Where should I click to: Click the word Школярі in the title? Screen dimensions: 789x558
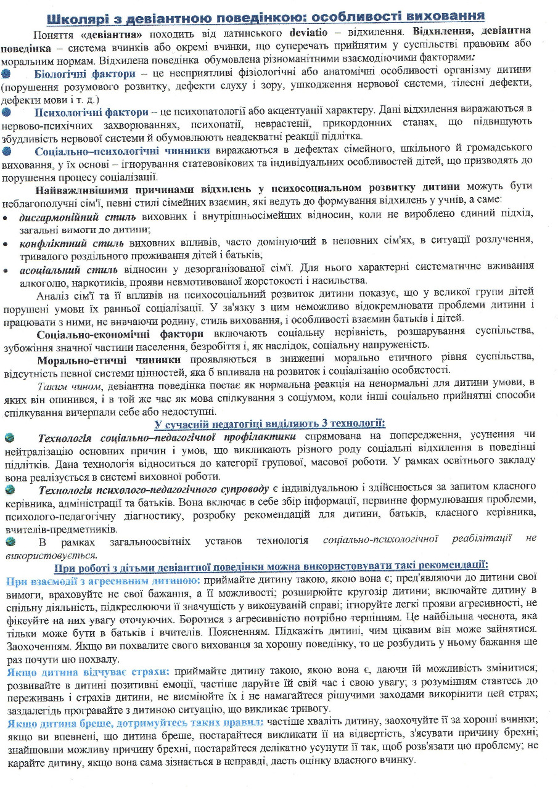pos(75,15)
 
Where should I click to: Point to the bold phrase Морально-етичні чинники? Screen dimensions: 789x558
pos(109,359)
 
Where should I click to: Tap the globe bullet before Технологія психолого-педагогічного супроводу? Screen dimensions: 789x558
pos(9,490)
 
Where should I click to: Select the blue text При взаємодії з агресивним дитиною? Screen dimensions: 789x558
pos(102,580)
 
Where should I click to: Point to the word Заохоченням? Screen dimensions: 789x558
pos(36,645)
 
